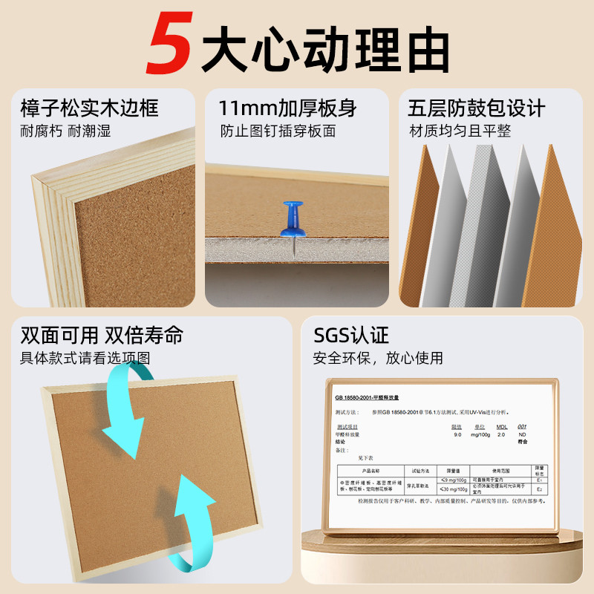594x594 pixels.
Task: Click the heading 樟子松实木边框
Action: coord(89,108)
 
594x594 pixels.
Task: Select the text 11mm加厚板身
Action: coord(287,108)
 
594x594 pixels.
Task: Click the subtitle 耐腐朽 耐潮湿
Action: coord(65,131)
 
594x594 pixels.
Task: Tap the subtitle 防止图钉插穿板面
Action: coord(278,131)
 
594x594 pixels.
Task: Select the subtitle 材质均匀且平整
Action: coord(460,131)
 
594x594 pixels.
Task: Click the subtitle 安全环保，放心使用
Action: coord(378,358)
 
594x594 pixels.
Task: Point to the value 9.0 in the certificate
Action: coord(457,435)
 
